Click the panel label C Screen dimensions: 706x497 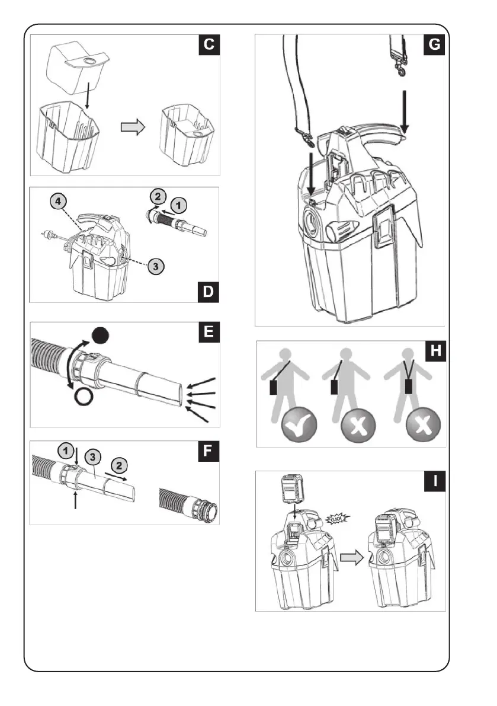[x=210, y=45]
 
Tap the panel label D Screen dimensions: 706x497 [x=210, y=292]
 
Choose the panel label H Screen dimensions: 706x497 [x=435, y=352]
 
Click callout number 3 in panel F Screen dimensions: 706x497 [x=92, y=456]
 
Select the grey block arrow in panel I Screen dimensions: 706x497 [x=350, y=558]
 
